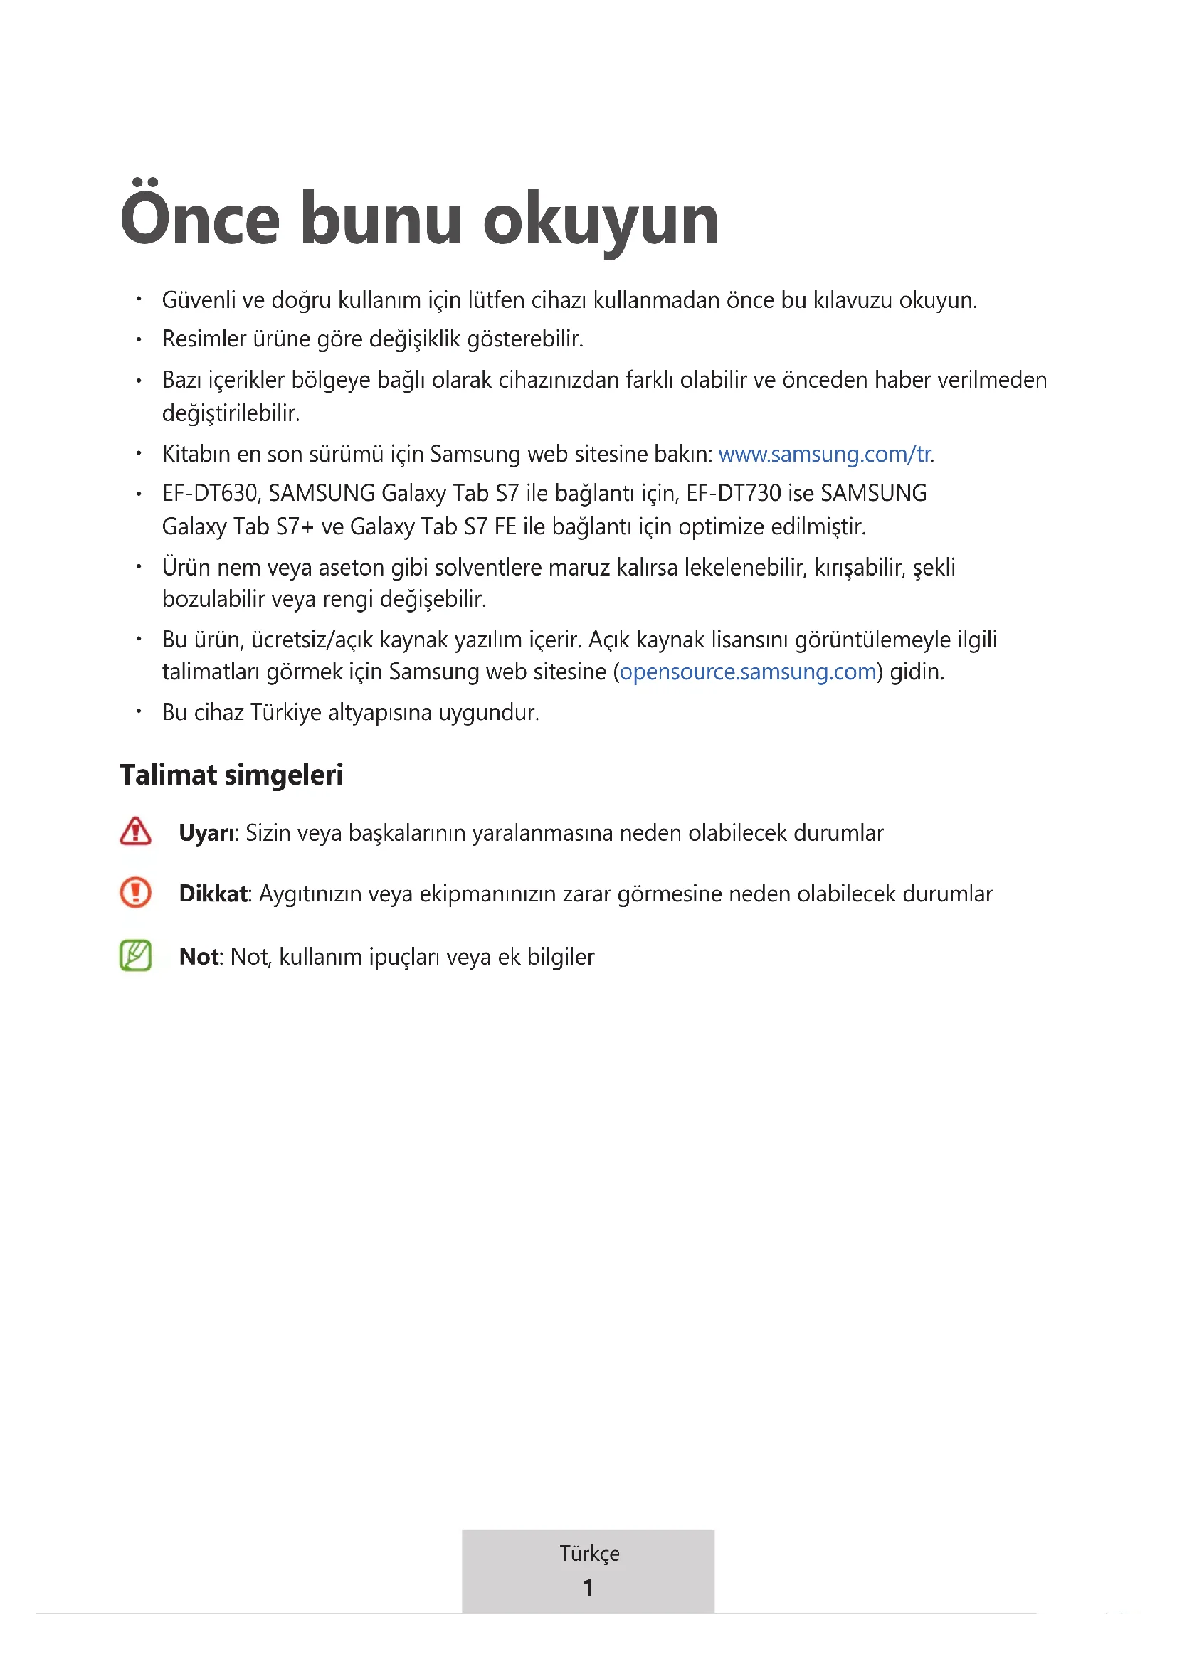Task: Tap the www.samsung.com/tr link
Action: pos(825,454)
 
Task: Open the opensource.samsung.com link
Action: pos(748,672)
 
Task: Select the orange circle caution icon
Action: pos(135,892)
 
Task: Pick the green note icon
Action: pos(135,955)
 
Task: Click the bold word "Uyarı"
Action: pos(207,833)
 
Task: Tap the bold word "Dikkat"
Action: pos(213,894)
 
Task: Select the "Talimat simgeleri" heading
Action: pos(231,775)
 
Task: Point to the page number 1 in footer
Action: pos(588,1587)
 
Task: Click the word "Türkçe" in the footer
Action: pos(589,1553)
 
